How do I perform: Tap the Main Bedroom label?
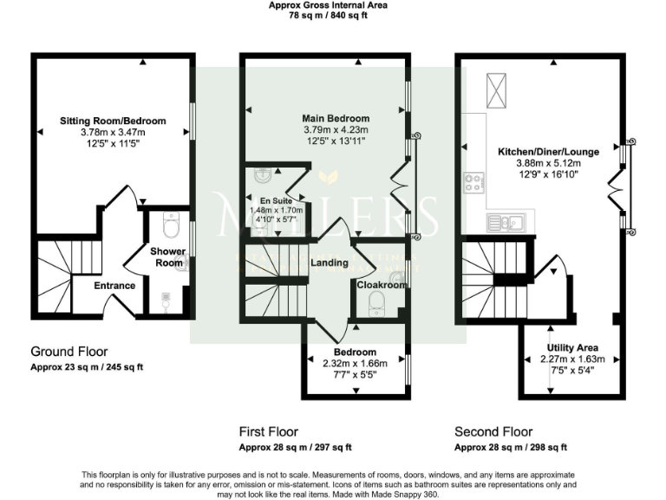coord(336,118)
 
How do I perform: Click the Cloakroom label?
coord(382,284)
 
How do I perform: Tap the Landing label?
coord(330,263)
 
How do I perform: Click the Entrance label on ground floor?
coord(114,286)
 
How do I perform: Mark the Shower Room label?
coord(167,257)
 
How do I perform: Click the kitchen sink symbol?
coord(504,221)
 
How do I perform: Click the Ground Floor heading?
coord(69,352)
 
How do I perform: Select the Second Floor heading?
coord(494,431)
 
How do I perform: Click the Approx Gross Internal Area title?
coord(328,5)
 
